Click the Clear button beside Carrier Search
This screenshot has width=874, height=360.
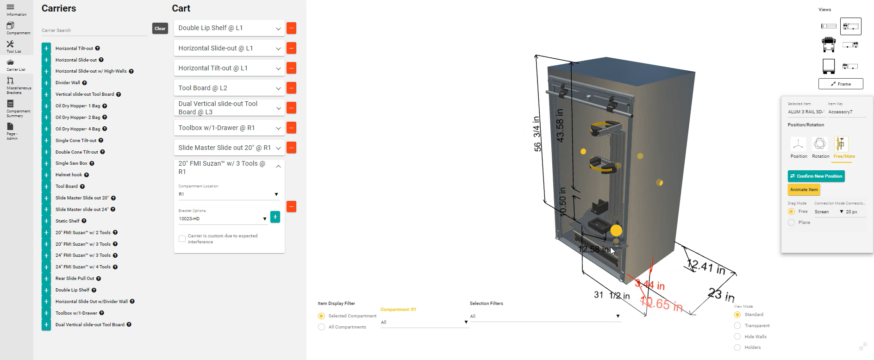(x=160, y=29)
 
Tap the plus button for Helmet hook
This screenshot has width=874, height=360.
(x=46, y=175)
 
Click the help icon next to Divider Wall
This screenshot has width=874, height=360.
(x=85, y=83)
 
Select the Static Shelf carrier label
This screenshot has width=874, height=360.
(x=68, y=221)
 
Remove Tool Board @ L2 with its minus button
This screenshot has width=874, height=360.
(x=291, y=88)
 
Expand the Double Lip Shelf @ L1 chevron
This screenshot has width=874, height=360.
(x=278, y=28)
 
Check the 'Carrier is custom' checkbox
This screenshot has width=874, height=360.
(x=182, y=239)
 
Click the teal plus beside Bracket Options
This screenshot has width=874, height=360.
(x=275, y=217)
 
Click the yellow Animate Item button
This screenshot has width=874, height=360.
(x=804, y=190)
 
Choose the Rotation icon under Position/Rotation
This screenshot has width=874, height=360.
(x=820, y=144)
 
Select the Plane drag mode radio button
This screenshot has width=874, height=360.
(x=791, y=223)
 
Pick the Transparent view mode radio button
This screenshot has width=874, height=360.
(x=737, y=326)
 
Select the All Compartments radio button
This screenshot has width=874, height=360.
(x=321, y=327)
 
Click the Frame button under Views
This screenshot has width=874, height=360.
(x=841, y=84)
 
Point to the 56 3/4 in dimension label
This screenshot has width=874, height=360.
(x=537, y=134)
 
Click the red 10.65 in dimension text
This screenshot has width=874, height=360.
(x=662, y=304)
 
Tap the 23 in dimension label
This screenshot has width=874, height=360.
(x=721, y=294)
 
